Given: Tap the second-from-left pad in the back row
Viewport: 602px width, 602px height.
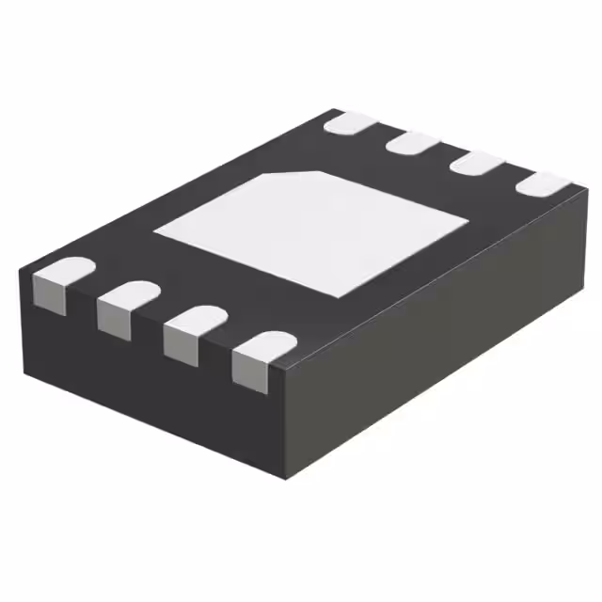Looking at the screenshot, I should coord(415,142).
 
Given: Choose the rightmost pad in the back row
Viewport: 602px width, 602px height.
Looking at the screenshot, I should coord(544,184).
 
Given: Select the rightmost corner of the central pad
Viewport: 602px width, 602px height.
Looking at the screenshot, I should coord(467,220).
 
